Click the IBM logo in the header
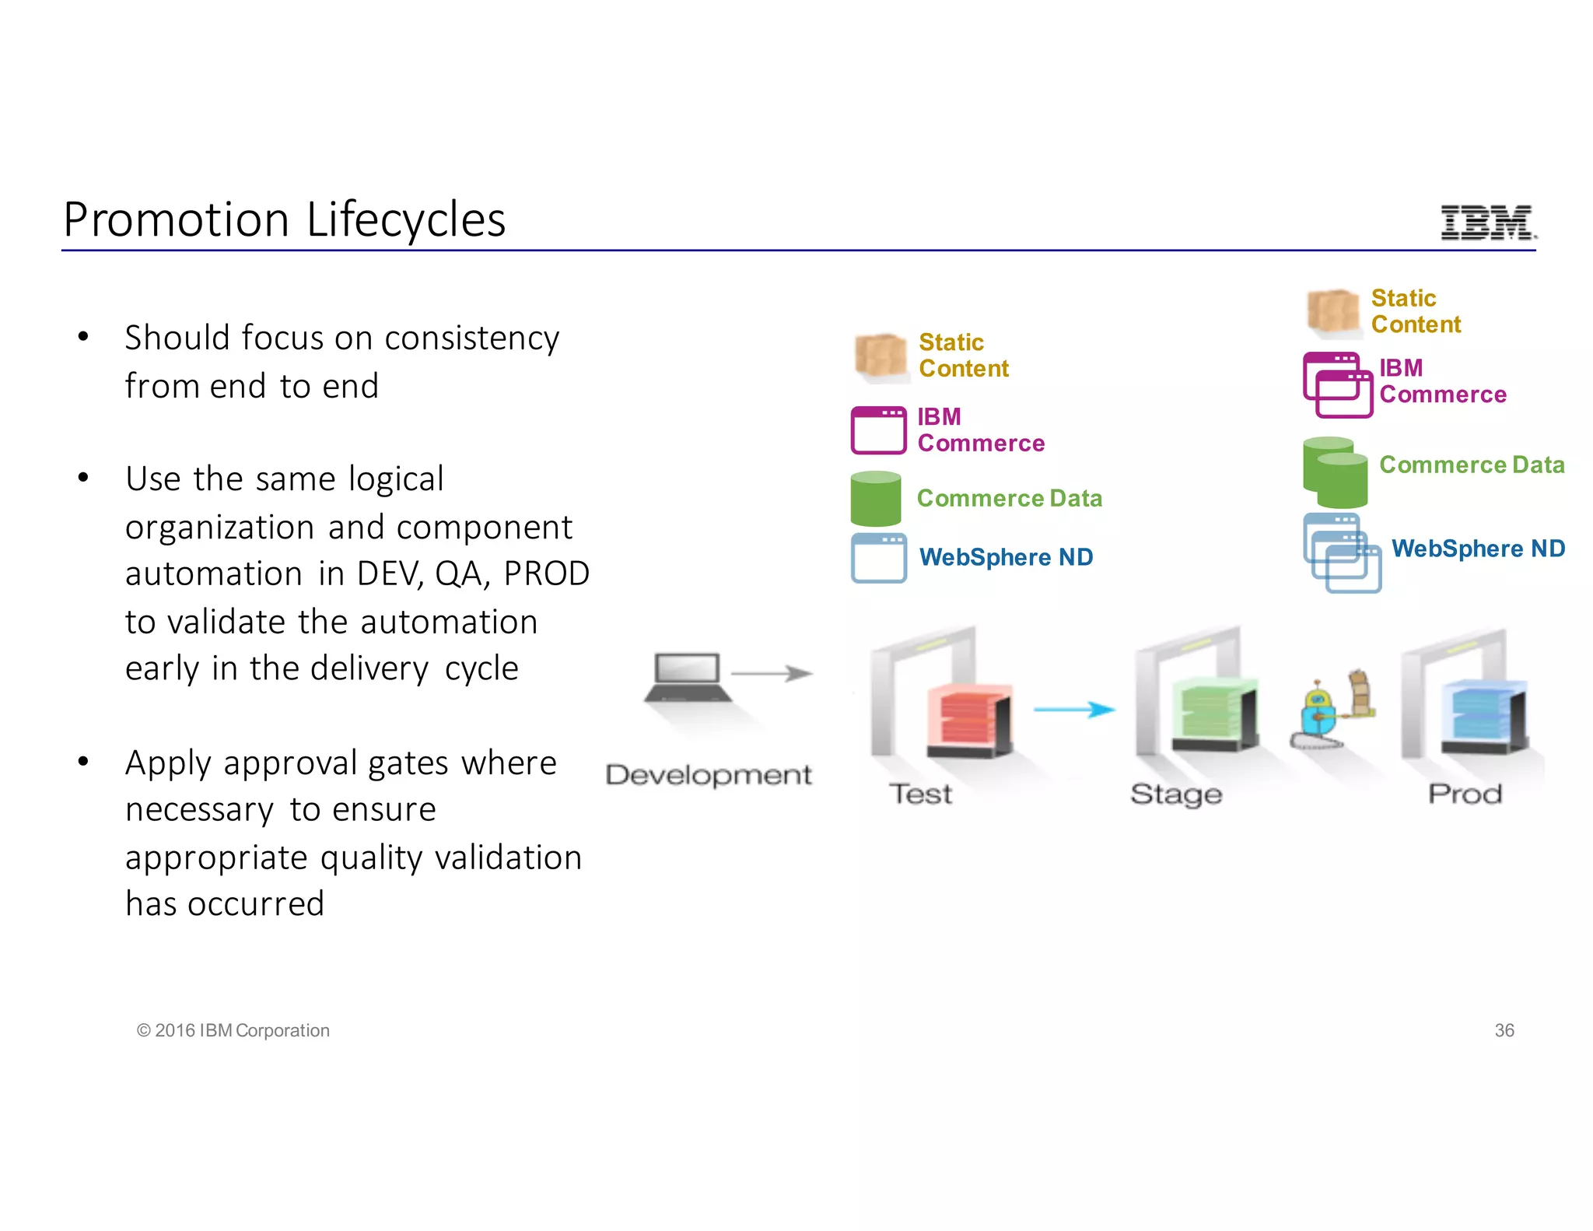pos(1488,223)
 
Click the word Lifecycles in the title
pos(405,220)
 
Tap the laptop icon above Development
pos(687,677)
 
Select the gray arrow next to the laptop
pos(772,673)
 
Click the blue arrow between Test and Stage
pos(1073,709)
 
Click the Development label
pos(709,775)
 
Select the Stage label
pos(1176,794)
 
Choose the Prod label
pos(1465,794)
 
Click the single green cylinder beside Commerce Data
pos(876,499)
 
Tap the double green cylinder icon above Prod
pos(1335,472)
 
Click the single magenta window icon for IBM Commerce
pos(878,430)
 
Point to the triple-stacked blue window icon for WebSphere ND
pos(1342,553)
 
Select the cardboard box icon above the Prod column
pos(1333,312)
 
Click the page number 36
pos(1504,1030)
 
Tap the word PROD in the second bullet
pos(547,574)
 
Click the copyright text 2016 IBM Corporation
pos(233,1030)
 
